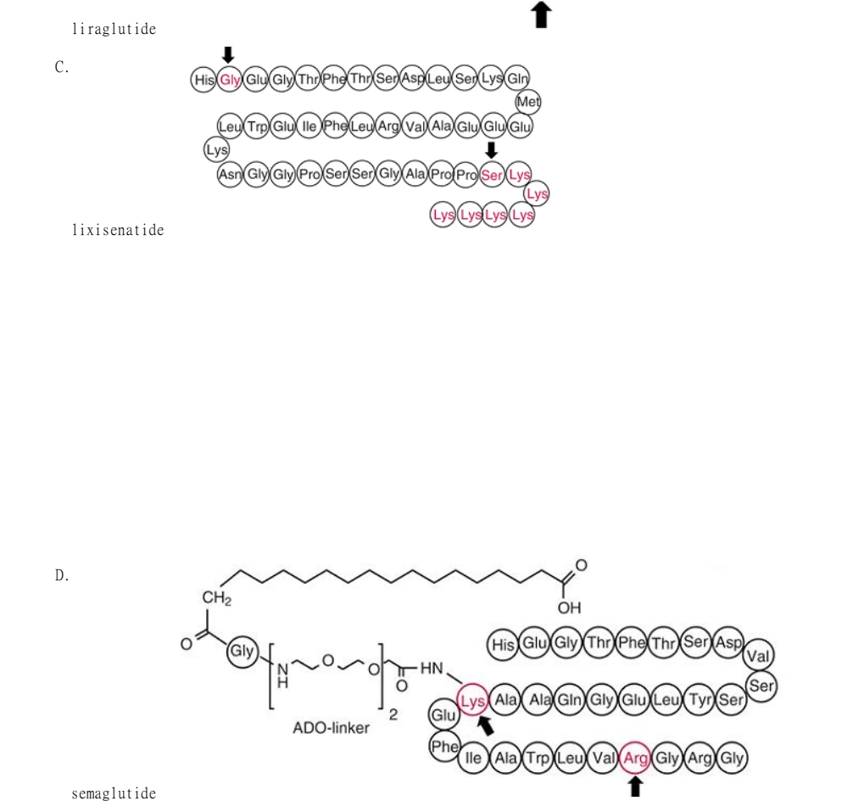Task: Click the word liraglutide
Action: click(x=114, y=29)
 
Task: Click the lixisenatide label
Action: click(x=118, y=230)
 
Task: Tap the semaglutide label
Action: click(x=114, y=793)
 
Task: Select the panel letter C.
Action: click(x=62, y=67)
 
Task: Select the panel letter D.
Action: click(x=62, y=575)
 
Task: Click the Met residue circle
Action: click(x=528, y=102)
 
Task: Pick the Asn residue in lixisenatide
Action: click(x=230, y=174)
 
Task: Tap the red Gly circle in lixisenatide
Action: click(x=229, y=80)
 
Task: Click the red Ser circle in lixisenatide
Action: click(x=492, y=175)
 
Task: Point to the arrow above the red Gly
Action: click(x=228, y=55)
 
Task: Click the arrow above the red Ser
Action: click(x=491, y=150)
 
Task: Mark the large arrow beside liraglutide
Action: click(x=541, y=14)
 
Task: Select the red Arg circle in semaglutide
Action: click(x=635, y=759)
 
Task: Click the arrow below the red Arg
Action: click(x=635, y=787)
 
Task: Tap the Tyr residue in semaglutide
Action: click(x=700, y=700)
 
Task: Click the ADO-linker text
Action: click(x=331, y=728)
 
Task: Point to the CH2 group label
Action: click(x=216, y=598)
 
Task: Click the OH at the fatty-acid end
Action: click(x=569, y=608)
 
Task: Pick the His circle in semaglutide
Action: click(x=503, y=644)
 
